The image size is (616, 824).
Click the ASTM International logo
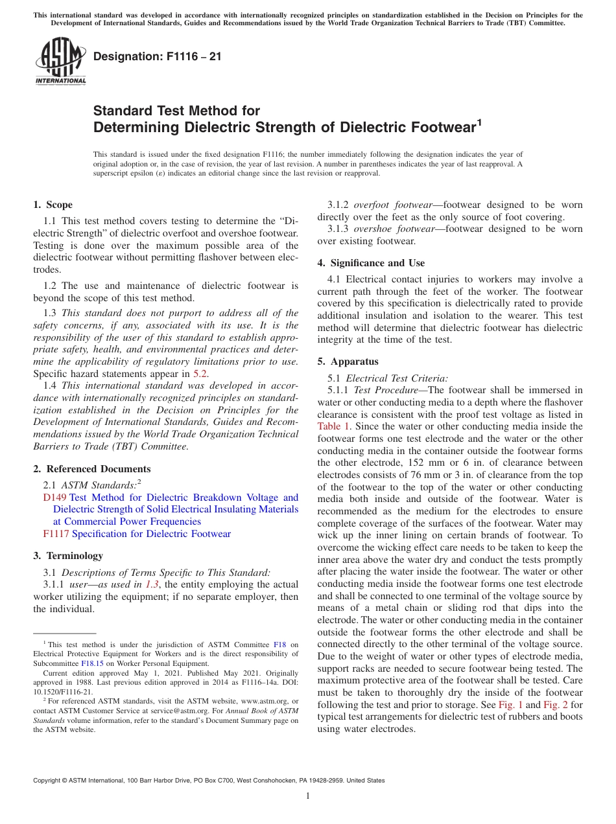tap(60, 62)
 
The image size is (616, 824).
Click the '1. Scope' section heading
tap(53, 205)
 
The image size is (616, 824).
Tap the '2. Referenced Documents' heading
tap(91, 469)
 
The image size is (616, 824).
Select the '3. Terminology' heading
tap(67, 556)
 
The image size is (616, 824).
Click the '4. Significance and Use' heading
tap(371, 263)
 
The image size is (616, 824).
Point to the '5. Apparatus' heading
tap(348, 361)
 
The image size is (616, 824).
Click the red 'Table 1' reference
tap(333, 426)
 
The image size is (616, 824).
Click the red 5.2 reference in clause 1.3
tap(200, 374)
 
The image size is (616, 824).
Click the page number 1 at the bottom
tap(308, 796)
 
